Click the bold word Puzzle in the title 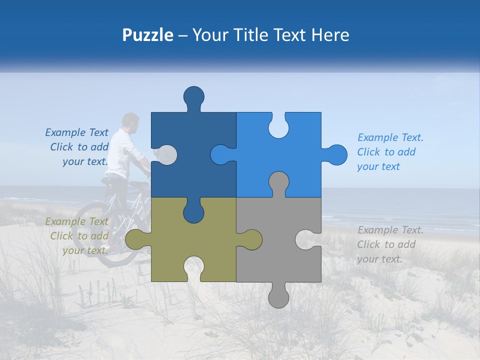point(148,35)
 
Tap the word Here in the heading point(330,35)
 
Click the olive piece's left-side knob point(134,239)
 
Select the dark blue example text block point(78,147)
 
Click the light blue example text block point(389,152)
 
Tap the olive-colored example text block point(77,236)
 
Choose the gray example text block point(389,244)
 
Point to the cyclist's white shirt point(120,152)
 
